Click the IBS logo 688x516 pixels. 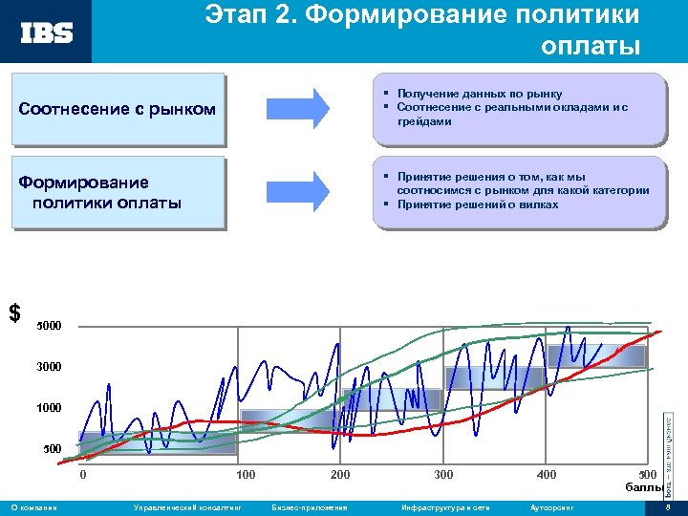click(x=47, y=32)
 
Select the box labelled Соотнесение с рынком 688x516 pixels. click(x=118, y=109)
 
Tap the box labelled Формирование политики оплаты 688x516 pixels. click(x=118, y=192)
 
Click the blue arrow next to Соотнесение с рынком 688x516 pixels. click(x=296, y=108)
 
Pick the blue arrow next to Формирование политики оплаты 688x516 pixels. click(x=296, y=191)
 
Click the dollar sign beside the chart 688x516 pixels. click(x=14, y=312)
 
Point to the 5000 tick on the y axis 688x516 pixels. click(x=49, y=327)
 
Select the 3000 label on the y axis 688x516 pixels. click(x=49, y=367)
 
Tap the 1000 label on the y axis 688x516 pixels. click(x=49, y=408)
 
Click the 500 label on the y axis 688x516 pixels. click(x=53, y=449)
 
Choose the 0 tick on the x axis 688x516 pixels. click(x=83, y=475)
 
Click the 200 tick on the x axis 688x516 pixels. click(x=339, y=475)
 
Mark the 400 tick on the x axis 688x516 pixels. click(x=546, y=475)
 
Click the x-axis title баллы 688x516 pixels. click(x=645, y=487)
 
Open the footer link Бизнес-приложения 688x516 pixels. click(x=309, y=507)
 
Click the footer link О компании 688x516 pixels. click(x=32, y=507)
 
